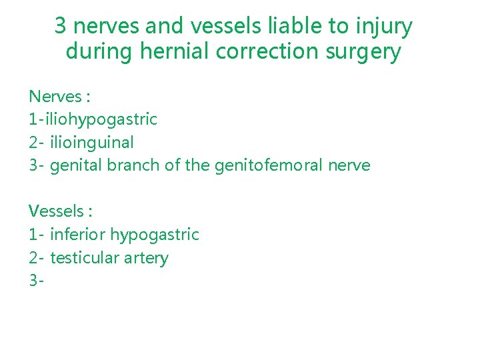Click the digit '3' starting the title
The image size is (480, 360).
[60, 27]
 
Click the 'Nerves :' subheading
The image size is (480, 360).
[59, 97]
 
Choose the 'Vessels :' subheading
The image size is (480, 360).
[61, 211]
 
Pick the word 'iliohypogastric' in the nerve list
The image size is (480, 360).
[99, 120]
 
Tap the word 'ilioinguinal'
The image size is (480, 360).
[92, 142]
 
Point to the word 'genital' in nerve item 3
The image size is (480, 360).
[74, 165]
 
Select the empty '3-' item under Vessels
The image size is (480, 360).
[36, 281]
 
